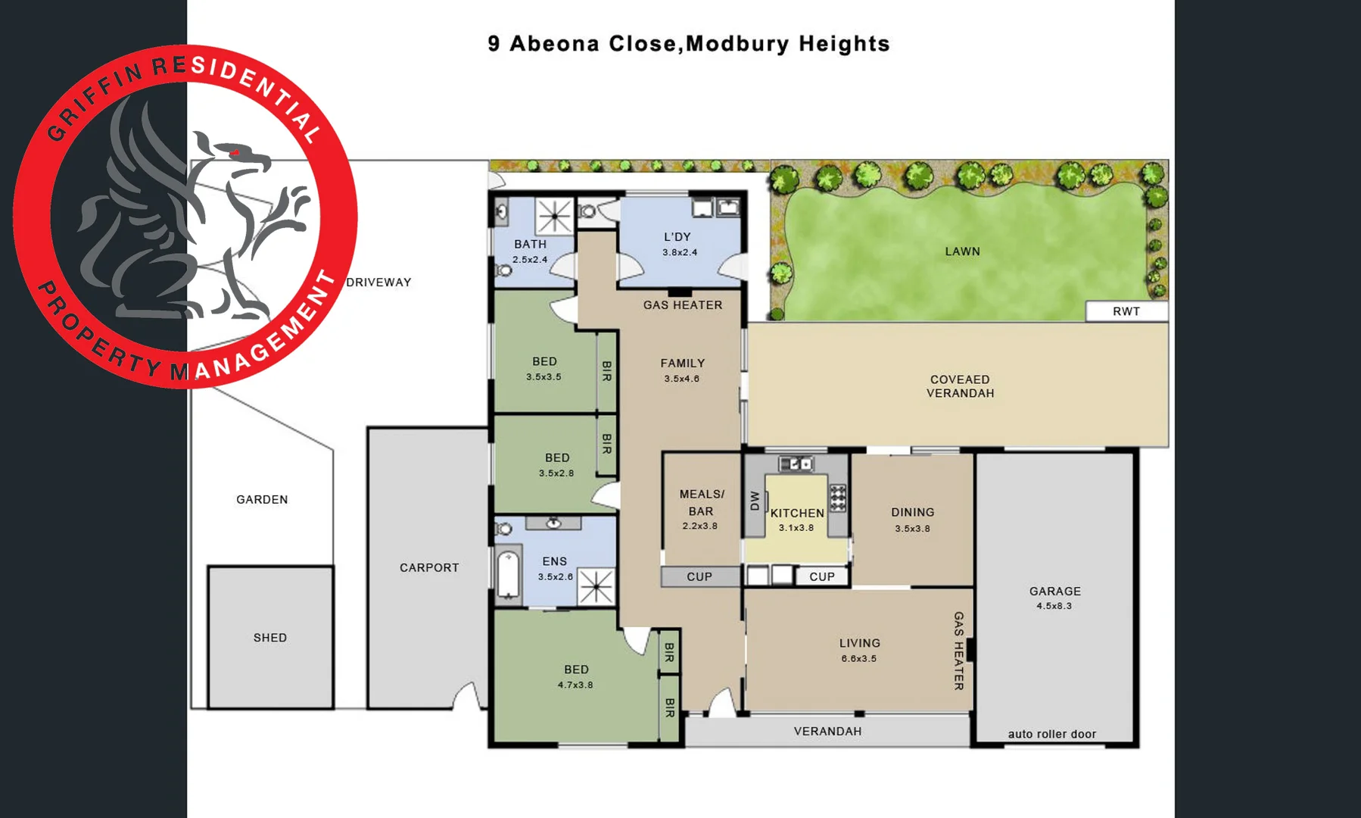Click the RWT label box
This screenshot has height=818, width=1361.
pos(1126,311)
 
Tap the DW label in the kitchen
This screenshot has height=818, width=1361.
pos(755,501)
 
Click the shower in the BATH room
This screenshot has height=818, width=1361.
pos(554,216)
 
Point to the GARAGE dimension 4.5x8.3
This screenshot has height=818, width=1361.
pos(1054,606)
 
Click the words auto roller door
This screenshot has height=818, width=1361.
pos(1051,734)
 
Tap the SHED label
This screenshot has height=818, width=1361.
pos(270,638)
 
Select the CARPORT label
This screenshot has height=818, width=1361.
pos(429,567)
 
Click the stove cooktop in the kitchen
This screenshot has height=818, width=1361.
pos(837,498)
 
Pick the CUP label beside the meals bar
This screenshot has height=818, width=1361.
pos(699,577)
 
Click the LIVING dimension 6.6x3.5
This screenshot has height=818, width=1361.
pos(858,658)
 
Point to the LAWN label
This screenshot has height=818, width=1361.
pos(962,251)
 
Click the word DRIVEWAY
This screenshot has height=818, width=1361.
pos(378,283)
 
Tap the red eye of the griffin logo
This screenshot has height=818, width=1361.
pos(235,153)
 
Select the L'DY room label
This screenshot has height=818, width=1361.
pos(677,237)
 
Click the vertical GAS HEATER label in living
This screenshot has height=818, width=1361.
pos(958,651)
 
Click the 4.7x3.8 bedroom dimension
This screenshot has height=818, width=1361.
pos(575,685)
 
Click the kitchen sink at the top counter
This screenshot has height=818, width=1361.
pos(796,464)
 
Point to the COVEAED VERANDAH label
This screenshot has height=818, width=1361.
pos(960,386)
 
